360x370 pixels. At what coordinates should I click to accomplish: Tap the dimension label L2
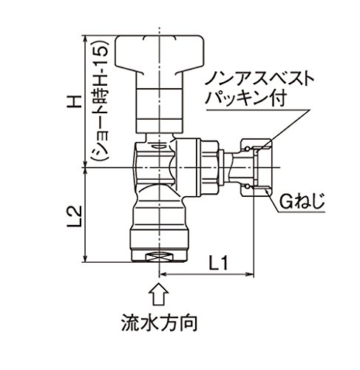pos(74,215)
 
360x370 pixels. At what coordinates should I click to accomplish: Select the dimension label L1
pos(217,263)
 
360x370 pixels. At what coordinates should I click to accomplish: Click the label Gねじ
pos(302,201)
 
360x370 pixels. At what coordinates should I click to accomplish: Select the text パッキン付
pos(245,98)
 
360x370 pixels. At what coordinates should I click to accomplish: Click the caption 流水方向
pos(160,323)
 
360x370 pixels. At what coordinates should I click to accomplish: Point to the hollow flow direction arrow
pos(159,295)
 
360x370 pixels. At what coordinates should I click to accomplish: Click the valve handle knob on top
pos(160,55)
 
